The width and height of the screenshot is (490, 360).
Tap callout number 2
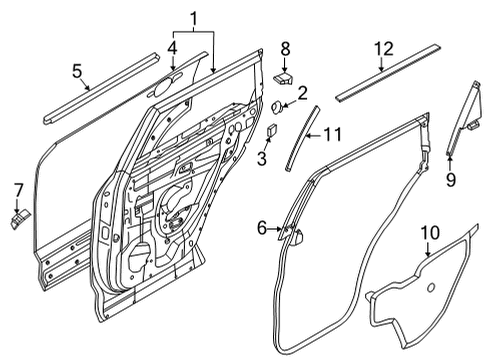301,92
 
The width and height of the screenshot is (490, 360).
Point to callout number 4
171,47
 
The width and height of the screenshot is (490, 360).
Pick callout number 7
17,189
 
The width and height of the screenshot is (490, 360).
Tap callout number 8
284,48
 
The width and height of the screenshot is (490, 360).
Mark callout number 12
380,48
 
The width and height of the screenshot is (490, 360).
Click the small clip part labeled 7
20,216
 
